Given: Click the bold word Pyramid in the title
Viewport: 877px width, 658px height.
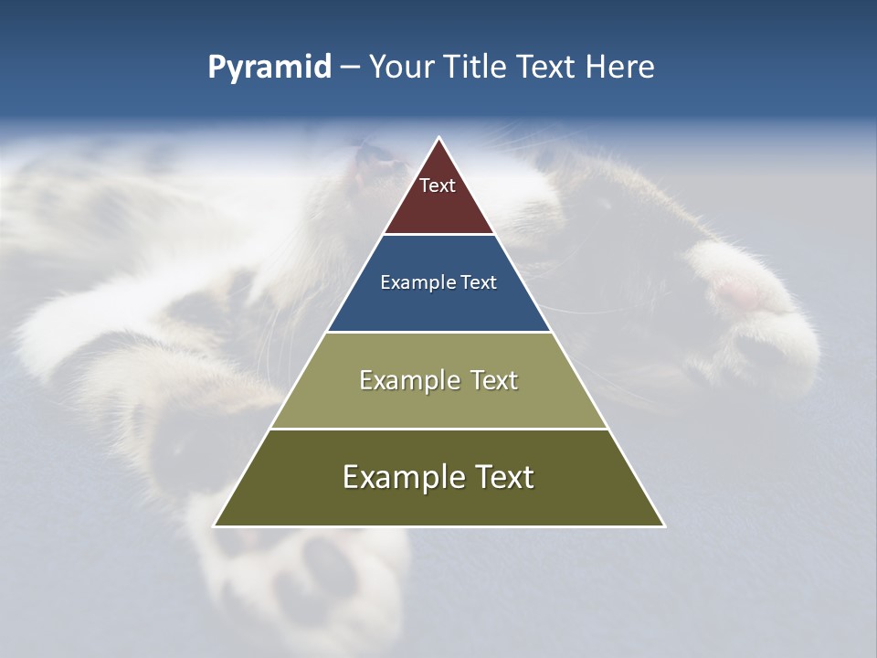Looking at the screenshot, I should click(x=269, y=68).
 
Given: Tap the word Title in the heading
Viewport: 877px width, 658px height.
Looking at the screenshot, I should click(x=475, y=68).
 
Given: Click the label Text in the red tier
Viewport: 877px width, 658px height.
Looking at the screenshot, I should click(x=438, y=186).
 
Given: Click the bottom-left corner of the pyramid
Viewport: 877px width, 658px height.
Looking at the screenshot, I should click(x=215, y=525).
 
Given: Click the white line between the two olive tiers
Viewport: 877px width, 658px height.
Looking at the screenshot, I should click(x=438, y=429).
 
